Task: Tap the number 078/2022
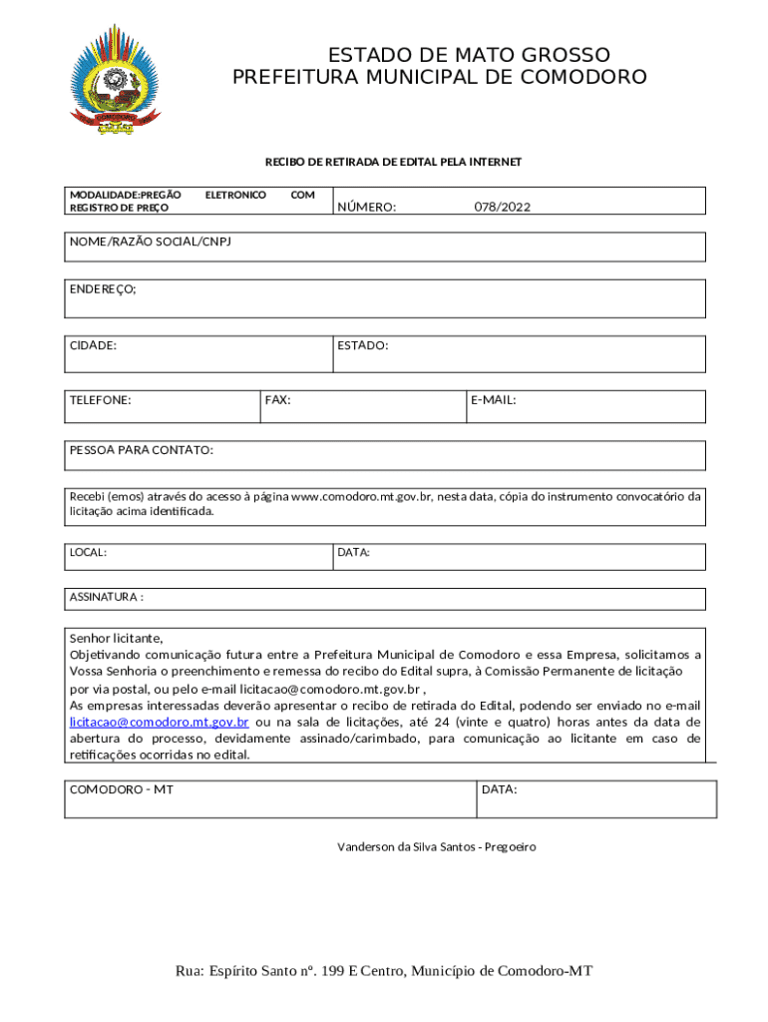[x=502, y=207]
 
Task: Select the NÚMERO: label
[x=366, y=207]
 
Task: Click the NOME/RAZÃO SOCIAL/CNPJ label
[x=150, y=243]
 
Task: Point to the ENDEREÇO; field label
[x=103, y=288]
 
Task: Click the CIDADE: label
[x=93, y=345]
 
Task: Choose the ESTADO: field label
[x=362, y=345]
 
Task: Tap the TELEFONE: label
[x=100, y=399]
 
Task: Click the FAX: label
[x=278, y=399]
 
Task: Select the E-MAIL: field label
[x=493, y=399]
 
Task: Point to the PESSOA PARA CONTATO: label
[x=141, y=450]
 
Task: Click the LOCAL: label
[x=88, y=552]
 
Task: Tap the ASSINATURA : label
[x=107, y=597]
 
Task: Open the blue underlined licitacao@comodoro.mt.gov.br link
[x=160, y=721]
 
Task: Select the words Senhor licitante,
[x=116, y=638]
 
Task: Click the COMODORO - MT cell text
[x=121, y=788]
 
